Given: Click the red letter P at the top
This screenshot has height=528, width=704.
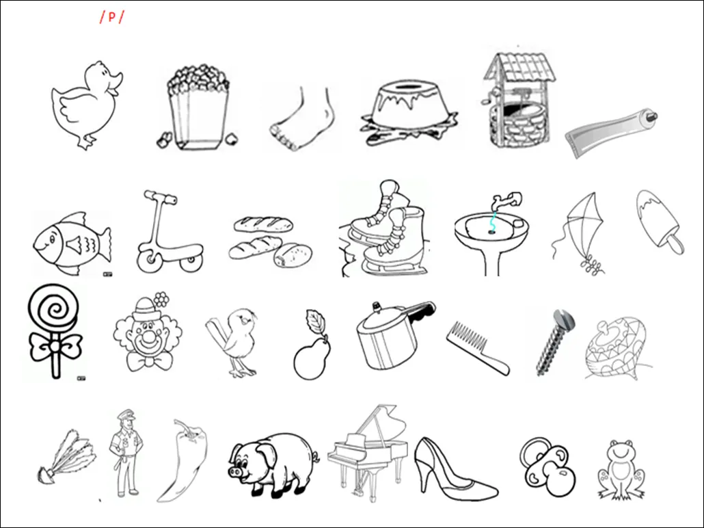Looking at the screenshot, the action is pyautogui.click(x=112, y=17).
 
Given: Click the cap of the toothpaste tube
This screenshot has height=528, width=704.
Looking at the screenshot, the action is pyautogui.click(x=650, y=117).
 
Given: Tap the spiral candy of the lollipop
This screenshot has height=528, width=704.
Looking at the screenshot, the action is pyautogui.click(x=54, y=308).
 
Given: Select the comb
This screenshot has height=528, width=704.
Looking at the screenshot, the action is pyautogui.click(x=478, y=348).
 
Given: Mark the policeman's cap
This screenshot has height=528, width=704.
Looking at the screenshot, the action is pyautogui.click(x=126, y=414).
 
